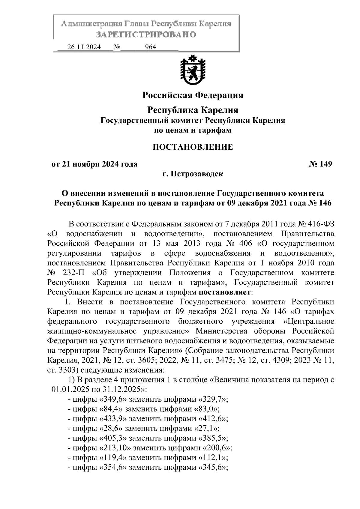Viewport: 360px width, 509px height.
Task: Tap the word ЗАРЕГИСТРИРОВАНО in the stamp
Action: click(x=146, y=34)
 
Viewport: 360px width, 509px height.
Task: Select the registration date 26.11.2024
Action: click(x=84, y=47)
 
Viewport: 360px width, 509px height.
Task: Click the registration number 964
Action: click(x=150, y=47)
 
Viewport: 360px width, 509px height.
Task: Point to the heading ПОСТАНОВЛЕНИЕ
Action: click(x=193, y=147)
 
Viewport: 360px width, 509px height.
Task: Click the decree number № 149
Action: click(x=320, y=164)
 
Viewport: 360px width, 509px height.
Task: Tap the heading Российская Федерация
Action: click(x=193, y=95)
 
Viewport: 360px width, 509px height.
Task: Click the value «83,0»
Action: click(x=206, y=409)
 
